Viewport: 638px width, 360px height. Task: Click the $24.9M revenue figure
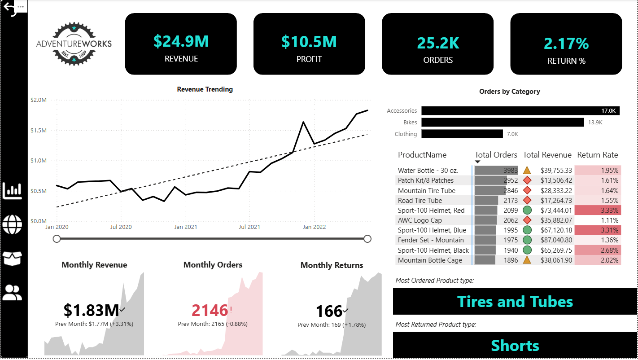pyautogui.click(x=181, y=41)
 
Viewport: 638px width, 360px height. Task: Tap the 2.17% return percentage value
pyautogui.click(x=566, y=44)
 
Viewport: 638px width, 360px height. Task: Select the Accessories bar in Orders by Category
pyautogui.click(x=520, y=111)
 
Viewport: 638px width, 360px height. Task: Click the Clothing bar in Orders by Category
pyautogui.click(x=462, y=134)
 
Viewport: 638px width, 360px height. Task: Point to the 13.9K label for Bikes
pyautogui.click(x=595, y=122)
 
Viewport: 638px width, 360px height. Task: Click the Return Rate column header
pyautogui.click(x=597, y=155)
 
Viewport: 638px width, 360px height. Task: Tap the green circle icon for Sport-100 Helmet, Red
pyautogui.click(x=527, y=210)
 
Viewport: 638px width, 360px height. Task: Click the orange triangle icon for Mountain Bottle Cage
pyautogui.click(x=527, y=260)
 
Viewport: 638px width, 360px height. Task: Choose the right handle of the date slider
pyautogui.click(x=367, y=239)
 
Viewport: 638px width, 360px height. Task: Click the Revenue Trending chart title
pyautogui.click(x=205, y=89)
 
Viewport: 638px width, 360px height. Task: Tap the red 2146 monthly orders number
pyautogui.click(x=210, y=310)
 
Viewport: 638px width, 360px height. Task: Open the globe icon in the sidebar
pyautogui.click(x=12, y=224)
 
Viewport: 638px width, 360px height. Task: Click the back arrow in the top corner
pyautogui.click(x=9, y=8)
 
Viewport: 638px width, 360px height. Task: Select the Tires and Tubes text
pyautogui.click(x=515, y=301)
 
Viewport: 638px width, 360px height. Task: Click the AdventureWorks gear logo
pyautogui.click(x=74, y=44)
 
